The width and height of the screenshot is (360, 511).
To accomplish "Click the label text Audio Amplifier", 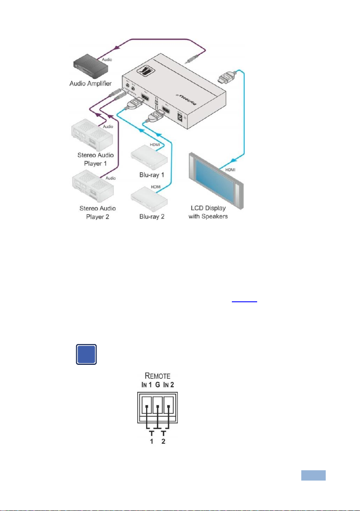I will [90, 84].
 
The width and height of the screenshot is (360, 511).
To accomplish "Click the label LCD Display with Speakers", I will [209, 212].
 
